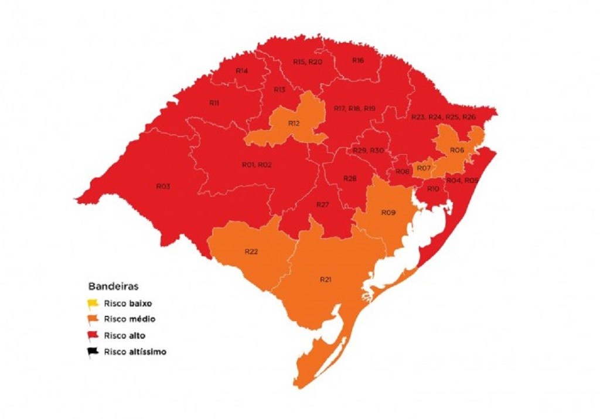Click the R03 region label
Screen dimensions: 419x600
(x=163, y=186)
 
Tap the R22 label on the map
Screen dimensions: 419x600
(x=252, y=251)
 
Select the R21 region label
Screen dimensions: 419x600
(x=326, y=279)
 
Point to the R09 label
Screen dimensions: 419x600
(x=388, y=212)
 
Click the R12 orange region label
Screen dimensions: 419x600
(x=294, y=123)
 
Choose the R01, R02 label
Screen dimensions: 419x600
(x=257, y=165)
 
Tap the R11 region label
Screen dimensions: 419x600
(x=214, y=103)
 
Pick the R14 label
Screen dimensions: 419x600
(x=241, y=71)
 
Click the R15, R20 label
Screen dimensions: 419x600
(x=308, y=62)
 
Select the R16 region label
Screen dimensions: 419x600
(x=358, y=60)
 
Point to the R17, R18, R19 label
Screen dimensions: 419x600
(x=354, y=109)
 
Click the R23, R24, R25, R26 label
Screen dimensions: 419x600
(x=444, y=117)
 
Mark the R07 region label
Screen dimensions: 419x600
(x=423, y=169)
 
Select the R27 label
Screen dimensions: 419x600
(x=323, y=205)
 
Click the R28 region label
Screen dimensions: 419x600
(x=350, y=178)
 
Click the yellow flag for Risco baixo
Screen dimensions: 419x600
(x=93, y=304)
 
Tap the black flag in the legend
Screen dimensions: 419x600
(x=93, y=352)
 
